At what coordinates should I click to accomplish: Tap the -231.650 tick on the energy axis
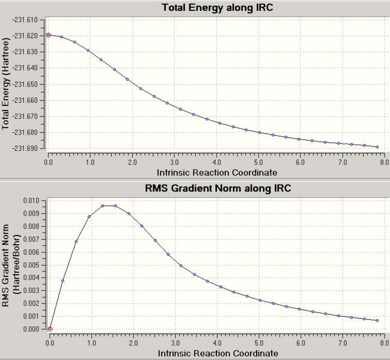click(x=25, y=84)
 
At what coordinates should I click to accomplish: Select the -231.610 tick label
click(x=25, y=20)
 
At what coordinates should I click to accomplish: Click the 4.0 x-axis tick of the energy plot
click(x=216, y=162)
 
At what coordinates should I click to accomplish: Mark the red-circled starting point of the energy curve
click(x=49, y=35)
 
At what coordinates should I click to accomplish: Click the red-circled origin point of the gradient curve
click(x=50, y=329)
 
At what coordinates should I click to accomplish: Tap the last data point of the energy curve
click(x=377, y=147)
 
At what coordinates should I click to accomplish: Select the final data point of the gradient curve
click(x=377, y=320)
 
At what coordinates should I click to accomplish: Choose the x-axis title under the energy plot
click(x=217, y=172)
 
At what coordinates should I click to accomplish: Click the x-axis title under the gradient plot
click(x=217, y=353)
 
